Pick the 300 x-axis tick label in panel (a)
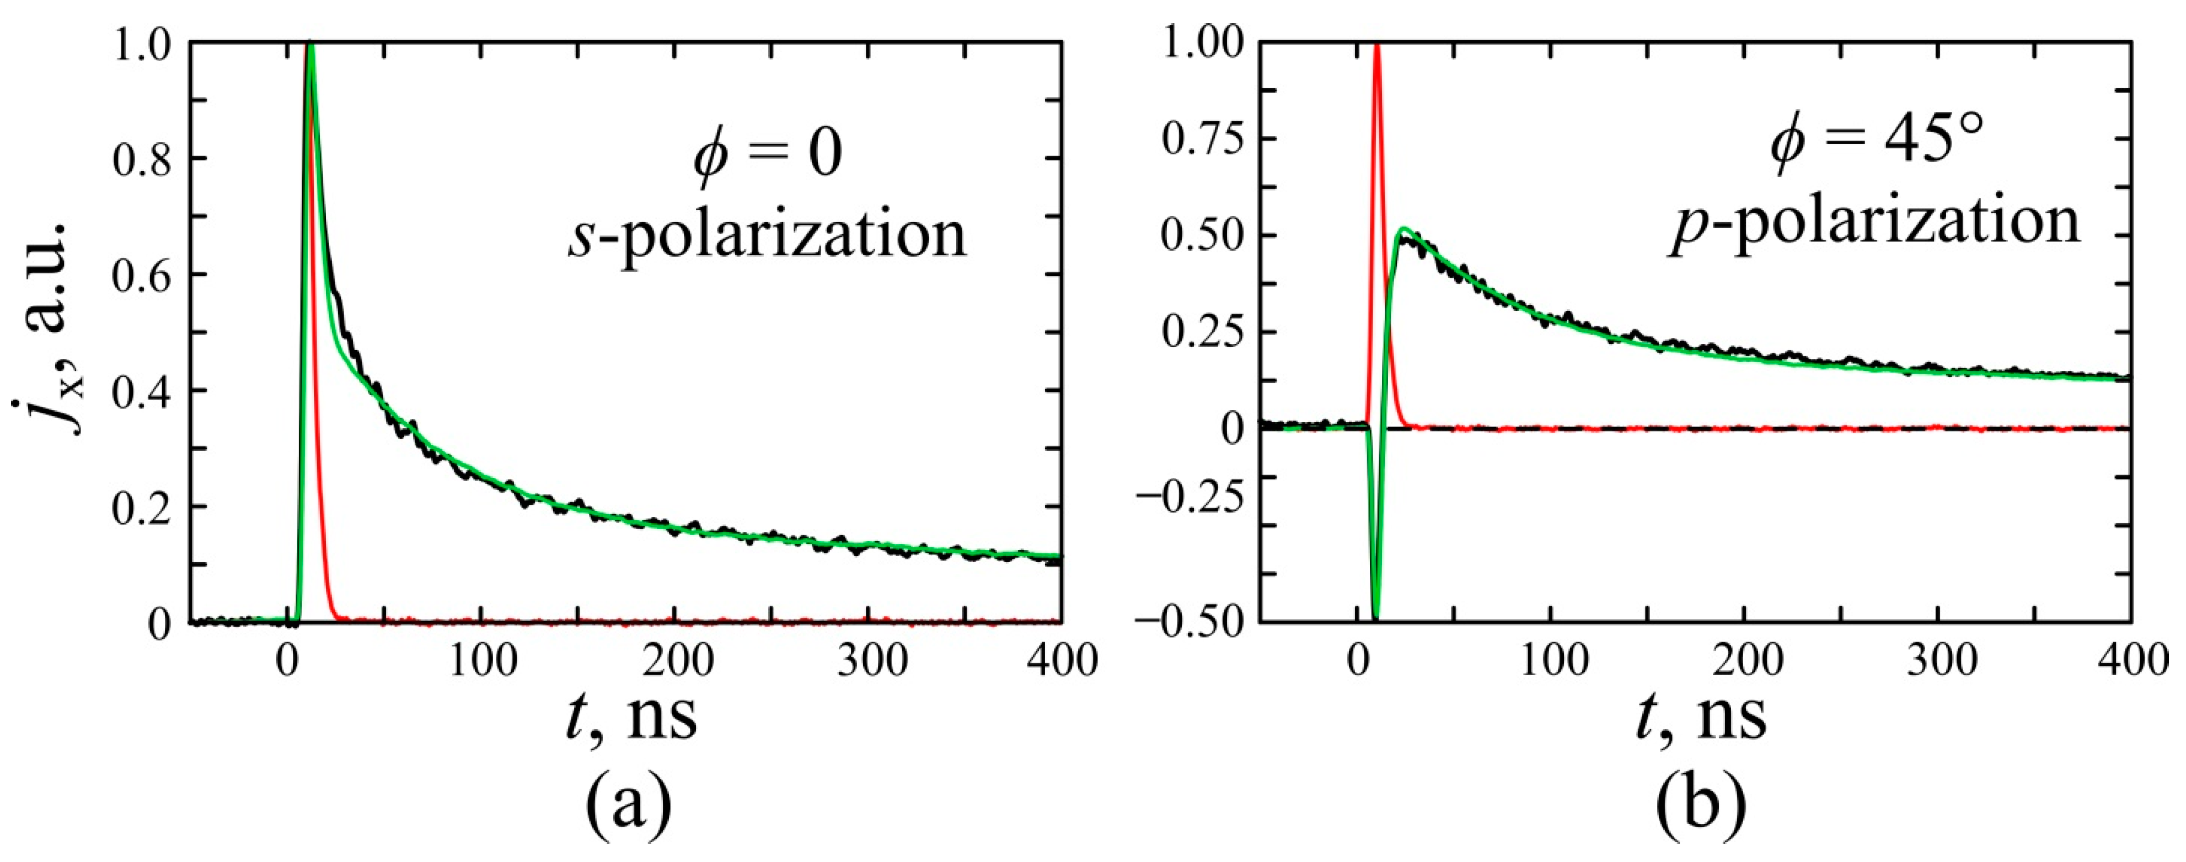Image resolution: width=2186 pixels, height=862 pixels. tap(871, 661)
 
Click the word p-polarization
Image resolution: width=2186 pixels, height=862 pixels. tap(1876, 222)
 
